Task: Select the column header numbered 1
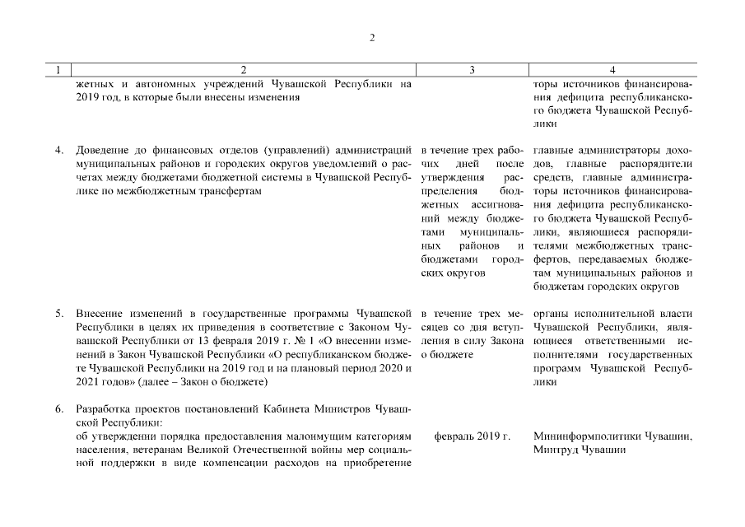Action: [57, 71]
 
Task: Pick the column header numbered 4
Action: [612, 71]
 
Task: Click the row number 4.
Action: [59, 151]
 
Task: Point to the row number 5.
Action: [59, 314]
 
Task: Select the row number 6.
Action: [59, 408]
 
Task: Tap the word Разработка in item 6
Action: [105, 408]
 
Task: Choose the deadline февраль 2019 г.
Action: [472, 436]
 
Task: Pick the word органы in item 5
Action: [552, 314]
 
